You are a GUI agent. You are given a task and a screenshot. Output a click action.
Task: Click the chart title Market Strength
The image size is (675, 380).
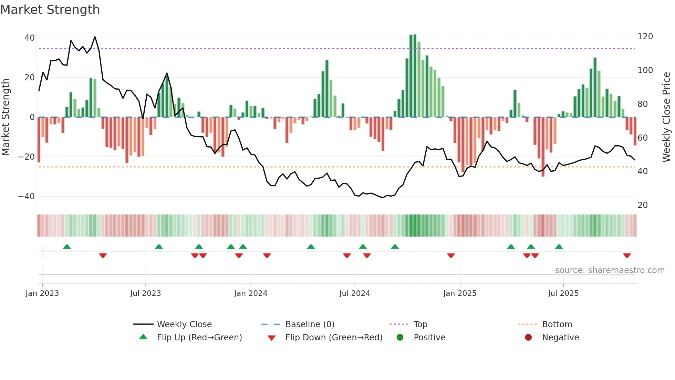[50, 10]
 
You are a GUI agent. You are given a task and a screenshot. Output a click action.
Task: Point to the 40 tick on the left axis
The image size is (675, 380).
[30, 38]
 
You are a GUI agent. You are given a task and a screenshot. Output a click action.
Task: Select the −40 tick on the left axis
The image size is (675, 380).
[27, 197]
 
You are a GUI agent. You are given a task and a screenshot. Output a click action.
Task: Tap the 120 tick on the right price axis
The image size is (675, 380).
[645, 37]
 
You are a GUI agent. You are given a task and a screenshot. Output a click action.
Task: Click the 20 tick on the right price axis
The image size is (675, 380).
[643, 205]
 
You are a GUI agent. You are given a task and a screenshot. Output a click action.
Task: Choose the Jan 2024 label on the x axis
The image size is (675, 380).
[250, 293]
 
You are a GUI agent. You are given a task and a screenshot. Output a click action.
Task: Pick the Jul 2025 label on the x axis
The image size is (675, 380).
[563, 293]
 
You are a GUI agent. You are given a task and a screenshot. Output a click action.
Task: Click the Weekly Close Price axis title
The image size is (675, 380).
[666, 117]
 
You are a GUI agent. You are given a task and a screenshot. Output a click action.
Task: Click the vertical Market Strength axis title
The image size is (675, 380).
[6, 117]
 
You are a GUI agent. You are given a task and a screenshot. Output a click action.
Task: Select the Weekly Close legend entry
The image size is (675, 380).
[184, 324]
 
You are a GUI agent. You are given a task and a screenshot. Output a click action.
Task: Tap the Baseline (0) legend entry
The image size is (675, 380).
[310, 324]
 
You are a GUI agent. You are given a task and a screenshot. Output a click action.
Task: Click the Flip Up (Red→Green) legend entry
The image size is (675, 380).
[199, 338]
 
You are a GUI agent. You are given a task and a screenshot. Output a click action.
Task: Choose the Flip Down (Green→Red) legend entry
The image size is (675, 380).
[334, 338]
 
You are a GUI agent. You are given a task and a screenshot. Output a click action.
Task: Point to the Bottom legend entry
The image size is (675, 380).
[557, 324]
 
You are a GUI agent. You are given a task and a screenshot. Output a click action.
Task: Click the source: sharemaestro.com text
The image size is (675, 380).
[610, 270]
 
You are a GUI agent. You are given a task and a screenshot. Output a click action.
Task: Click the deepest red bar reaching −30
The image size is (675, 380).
[543, 147]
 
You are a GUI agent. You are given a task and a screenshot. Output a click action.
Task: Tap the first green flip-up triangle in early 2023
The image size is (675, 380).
[67, 247]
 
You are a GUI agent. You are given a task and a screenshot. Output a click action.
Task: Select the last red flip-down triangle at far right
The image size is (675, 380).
[627, 256]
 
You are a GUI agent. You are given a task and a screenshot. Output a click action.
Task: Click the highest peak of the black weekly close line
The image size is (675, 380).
[95, 37]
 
